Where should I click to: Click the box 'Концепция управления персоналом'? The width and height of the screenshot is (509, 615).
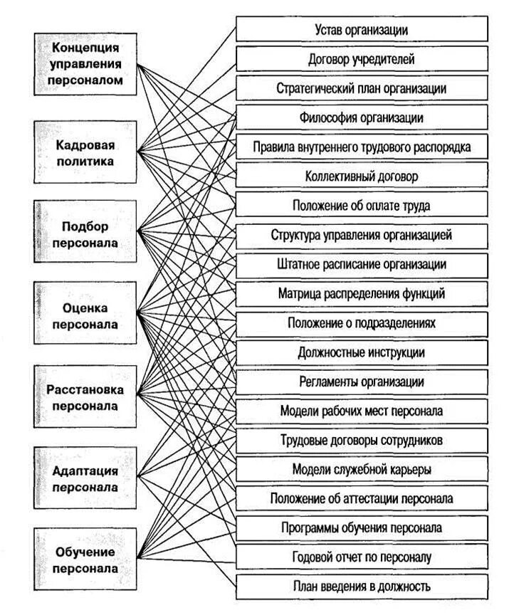[85, 64]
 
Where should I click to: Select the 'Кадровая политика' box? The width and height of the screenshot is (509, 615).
[85, 152]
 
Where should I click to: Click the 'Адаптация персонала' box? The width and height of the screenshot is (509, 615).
[85, 479]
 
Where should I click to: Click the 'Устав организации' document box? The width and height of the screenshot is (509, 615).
[361, 30]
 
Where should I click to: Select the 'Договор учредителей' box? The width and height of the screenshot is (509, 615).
[361, 59]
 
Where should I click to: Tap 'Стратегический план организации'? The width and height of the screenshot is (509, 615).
[361, 88]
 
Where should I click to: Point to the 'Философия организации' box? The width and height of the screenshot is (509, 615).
[361, 117]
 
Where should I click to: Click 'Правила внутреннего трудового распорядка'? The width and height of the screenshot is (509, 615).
[361, 147]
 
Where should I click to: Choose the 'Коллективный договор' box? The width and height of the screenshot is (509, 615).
[361, 175]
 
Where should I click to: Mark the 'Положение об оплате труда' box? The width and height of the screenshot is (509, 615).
[361, 205]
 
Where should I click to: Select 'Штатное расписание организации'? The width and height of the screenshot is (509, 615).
[361, 264]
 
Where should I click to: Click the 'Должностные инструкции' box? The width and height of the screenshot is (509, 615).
[361, 352]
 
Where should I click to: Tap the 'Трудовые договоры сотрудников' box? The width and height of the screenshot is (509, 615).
[361, 441]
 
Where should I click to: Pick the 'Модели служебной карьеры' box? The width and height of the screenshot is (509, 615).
[361, 470]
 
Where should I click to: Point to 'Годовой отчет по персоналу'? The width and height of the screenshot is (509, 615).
[361, 557]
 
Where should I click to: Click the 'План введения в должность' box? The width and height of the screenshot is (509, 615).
[361, 587]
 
